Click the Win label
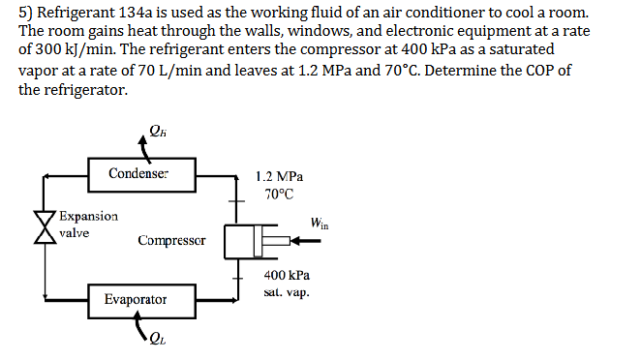pyautogui.click(x=319, y=225)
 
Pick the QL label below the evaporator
pyautogui.click(x=158, y=339)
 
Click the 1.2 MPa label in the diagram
pyautogui.click(x=280, y=177)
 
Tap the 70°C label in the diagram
pyautogui.click(x=279, y=195)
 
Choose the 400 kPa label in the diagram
pyautogui.click(x=287, y=276)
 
